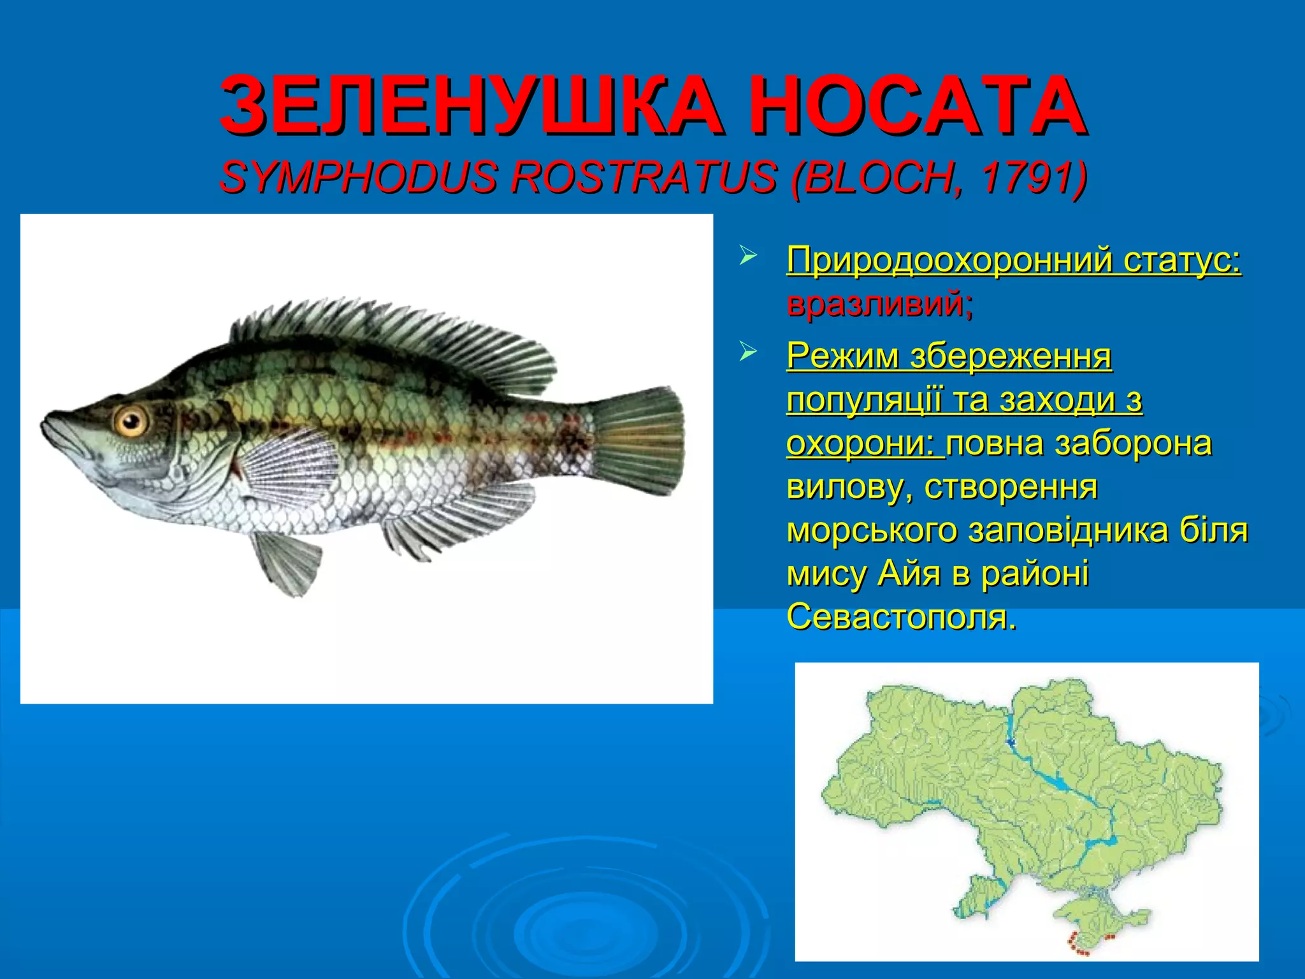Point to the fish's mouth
point(54,433)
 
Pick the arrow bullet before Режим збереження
point(747,352)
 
